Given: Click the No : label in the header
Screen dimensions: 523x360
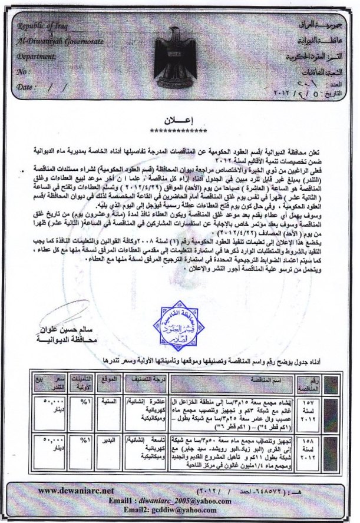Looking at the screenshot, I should (x=24, y=72).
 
